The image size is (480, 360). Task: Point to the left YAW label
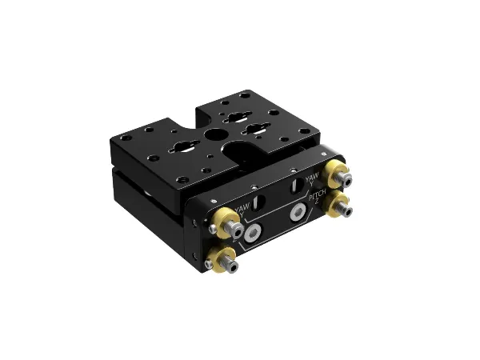click(243, 207)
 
